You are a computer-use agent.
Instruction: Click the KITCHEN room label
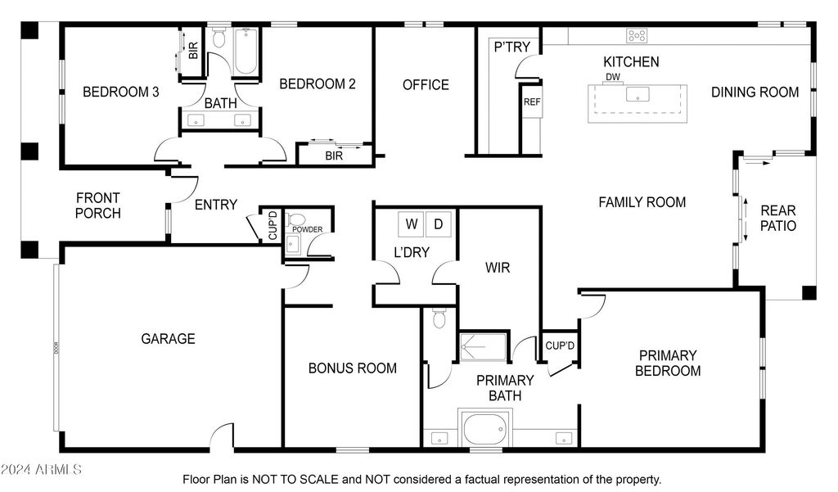[x=631, y=61]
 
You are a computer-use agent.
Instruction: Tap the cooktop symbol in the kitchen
[x=637, y=35]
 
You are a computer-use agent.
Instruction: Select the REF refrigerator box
[x=532, y=102]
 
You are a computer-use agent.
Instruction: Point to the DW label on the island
[x=613, y=77]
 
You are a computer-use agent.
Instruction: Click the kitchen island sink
[x=638, y=94]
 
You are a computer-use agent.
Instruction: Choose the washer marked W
[x=412, y=224]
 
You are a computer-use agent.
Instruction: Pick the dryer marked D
[x=439, y=224]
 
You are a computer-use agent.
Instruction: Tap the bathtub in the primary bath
[x=484, y=428]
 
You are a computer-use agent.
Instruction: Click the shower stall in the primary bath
[x=483, y=346]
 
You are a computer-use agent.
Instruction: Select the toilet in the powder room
[x=295, y=219]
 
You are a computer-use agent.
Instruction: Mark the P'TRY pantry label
[x=512, y=47]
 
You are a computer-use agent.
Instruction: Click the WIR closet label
[x=498, y=268]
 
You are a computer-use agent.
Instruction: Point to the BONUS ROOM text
[x=353, y=368]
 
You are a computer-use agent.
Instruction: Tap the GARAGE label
[x=168, y=339]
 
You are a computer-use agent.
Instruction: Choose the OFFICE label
[x=426, y=84]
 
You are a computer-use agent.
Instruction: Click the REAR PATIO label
[x=778, y=219]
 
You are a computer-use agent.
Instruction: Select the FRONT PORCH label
[x=98, y=206]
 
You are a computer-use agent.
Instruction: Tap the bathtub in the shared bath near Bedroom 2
[x=246, y=51]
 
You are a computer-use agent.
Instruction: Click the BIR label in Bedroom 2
[x=334, y=156]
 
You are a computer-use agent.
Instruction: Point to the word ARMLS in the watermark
[x=58, y=470]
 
